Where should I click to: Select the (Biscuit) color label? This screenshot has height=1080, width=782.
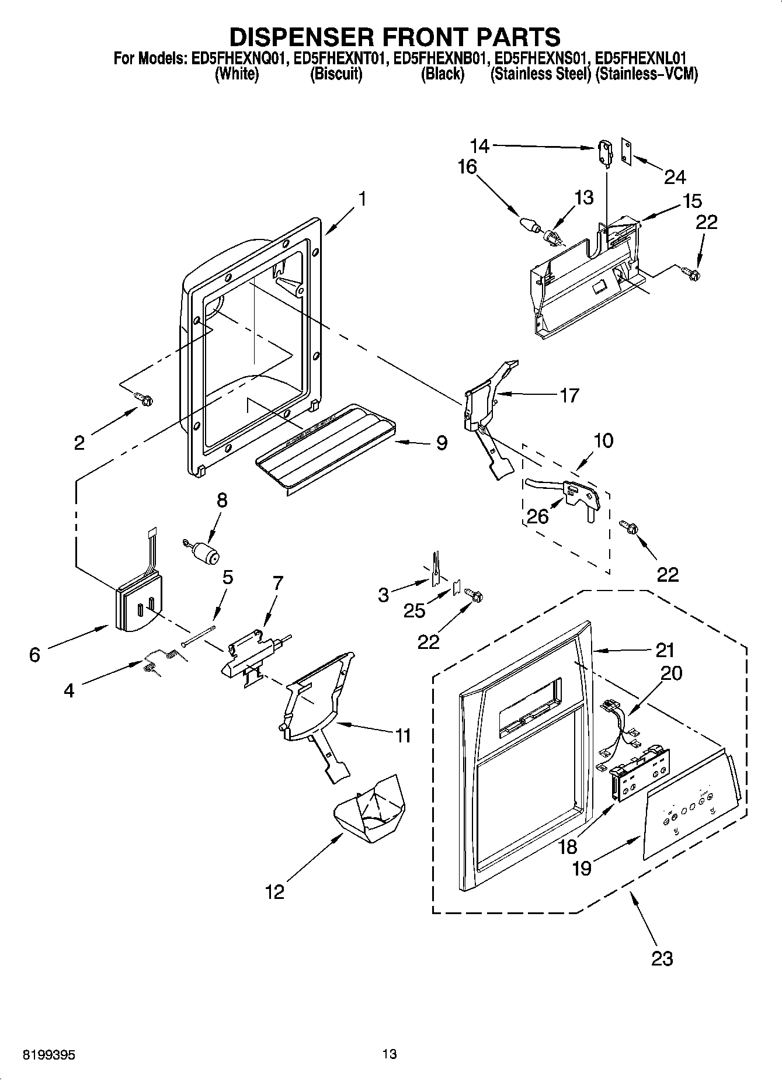(x=336, y=74)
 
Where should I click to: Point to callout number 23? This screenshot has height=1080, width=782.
(x=662, y=958)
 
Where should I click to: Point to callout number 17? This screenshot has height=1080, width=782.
(x=569, y=395)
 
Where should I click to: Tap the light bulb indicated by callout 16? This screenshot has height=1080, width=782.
(x=529, y=224)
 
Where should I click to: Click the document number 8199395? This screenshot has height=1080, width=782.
(x=50, y=1054)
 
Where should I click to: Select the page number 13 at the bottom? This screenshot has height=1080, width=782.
(x=390, y=1054)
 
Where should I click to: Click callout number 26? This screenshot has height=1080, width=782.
(x=537, y=516)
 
